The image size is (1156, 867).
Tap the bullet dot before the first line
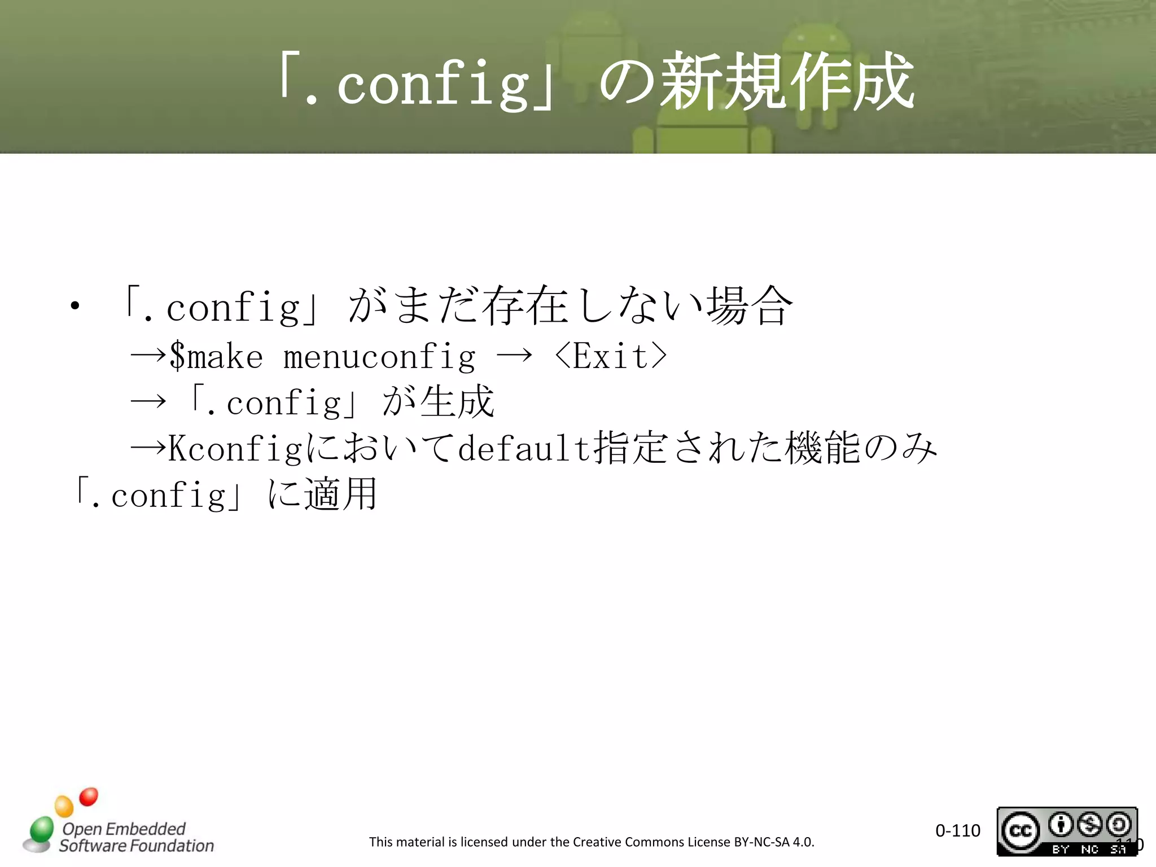pyautogui.click(x=75, y=306)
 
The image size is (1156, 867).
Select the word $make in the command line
pyautogui.click(x=216, y=356)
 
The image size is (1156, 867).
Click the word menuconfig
pyautogui.click(x=379, y=357)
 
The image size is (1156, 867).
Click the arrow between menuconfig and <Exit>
pyautogui.click(x=514, y=355)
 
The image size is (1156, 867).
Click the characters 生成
pyautogui.click(x=457, y=402)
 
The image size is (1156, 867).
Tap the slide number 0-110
pyautogui.click(x=957, y=830)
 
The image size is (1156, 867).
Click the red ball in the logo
pyautogui.click(x=89, y=796)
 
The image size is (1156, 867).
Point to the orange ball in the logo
pyautogui.click(x=64, y=805)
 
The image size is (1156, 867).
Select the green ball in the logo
pyautogui.click(x=41, y=829)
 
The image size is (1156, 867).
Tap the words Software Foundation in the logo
pyautogui.click(x=137, y=846)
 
